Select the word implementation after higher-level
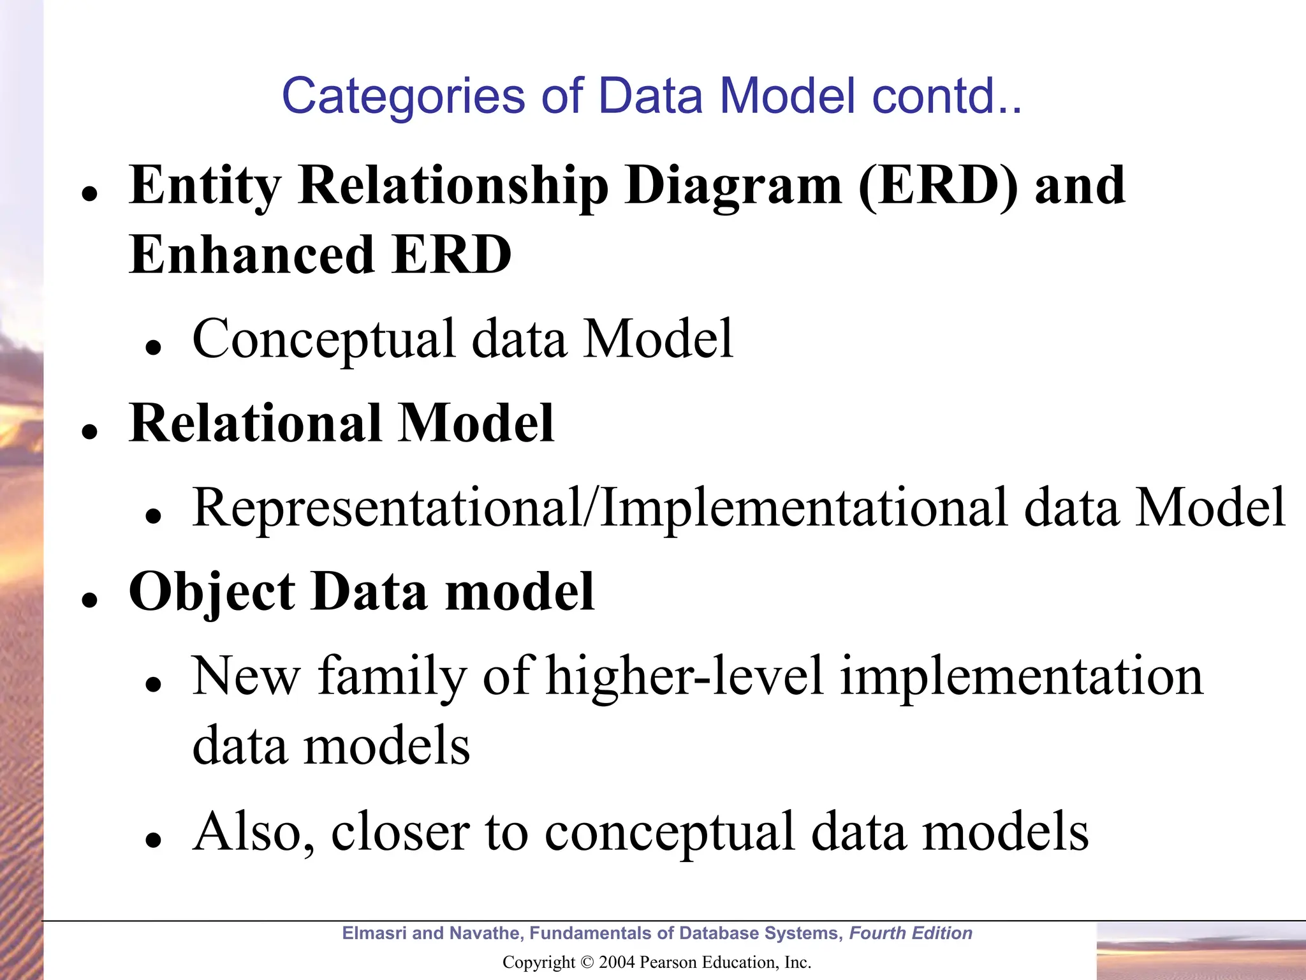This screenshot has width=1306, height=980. click(1021, 676)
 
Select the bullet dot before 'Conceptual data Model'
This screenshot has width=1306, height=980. click(153, 348)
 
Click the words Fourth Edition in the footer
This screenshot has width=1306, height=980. click(911, 933)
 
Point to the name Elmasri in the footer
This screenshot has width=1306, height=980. click(374, 933)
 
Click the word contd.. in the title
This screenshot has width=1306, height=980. click(947, 97)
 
